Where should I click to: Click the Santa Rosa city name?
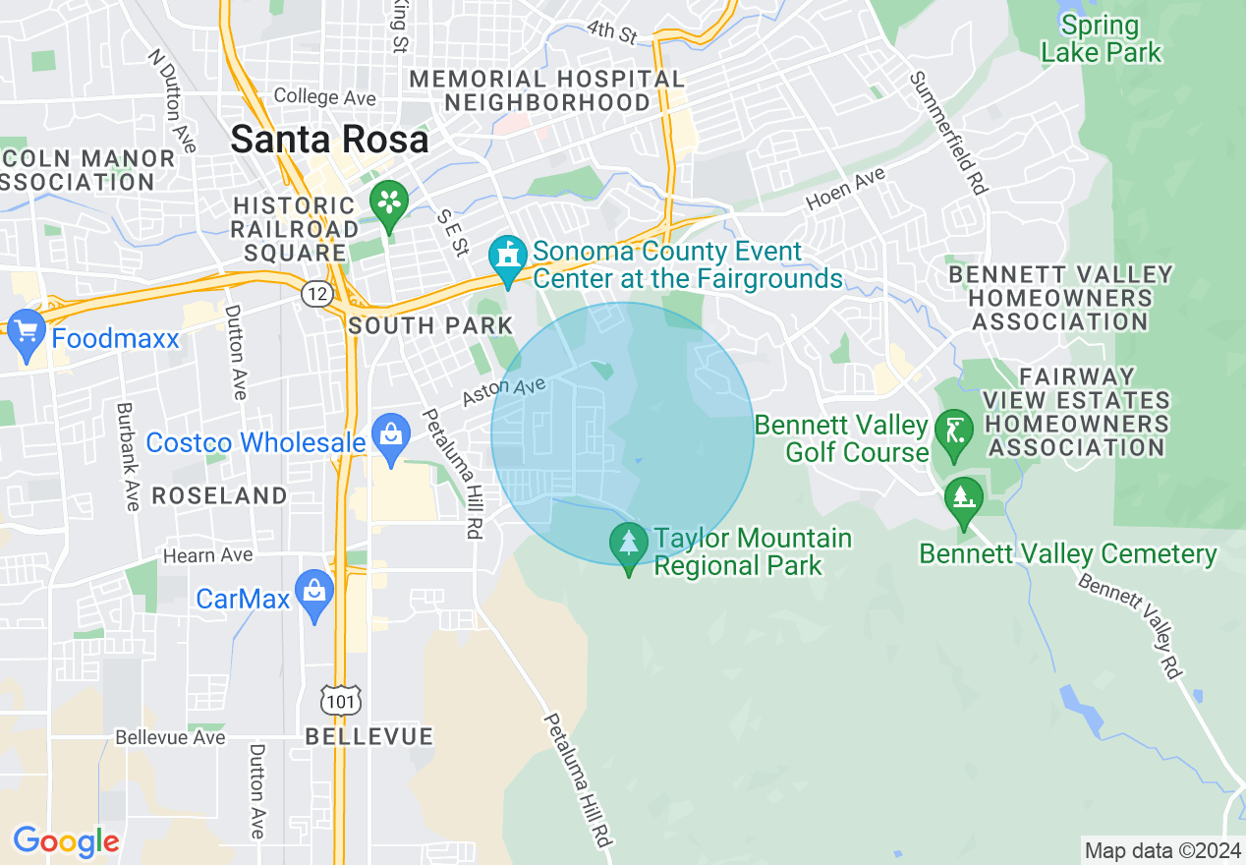pos(329,140)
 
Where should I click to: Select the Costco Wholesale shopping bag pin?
pos(391,436)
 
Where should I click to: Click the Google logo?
pos(66,841)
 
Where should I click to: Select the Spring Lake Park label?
pos(1101,39)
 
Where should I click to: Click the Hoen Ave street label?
pos(845,189)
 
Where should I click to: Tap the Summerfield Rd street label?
pos(948,132)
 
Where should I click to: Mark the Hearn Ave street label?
pos(207,555)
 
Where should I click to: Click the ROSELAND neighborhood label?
pos(219,495)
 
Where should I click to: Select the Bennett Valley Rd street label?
pos(1130,626)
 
